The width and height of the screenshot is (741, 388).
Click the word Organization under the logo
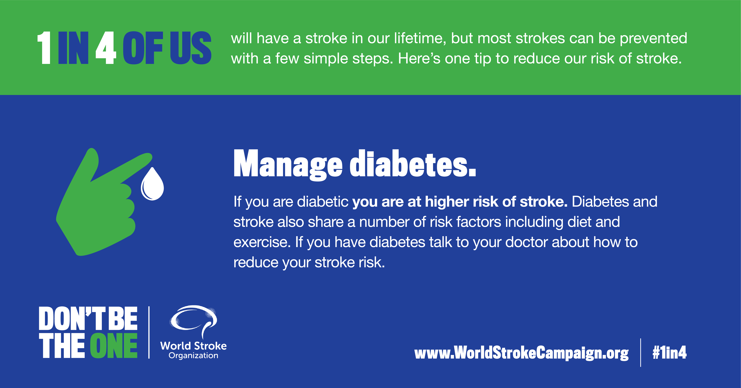pos(193,356)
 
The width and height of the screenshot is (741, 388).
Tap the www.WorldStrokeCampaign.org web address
pos(521,353)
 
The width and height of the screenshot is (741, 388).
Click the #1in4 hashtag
pos(669,352)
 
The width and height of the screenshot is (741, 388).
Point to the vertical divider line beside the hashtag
pos(641,353)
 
